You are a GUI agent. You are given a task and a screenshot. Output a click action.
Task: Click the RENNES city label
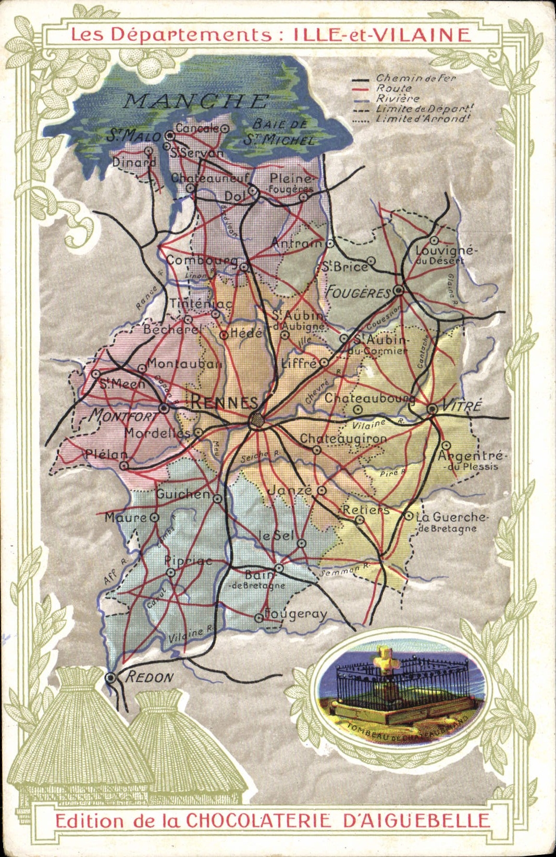[x=224, y=402]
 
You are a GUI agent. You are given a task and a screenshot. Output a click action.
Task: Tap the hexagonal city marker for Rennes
[x=256, y=419]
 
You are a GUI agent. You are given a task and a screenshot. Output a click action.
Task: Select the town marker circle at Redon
[x=110, y=678]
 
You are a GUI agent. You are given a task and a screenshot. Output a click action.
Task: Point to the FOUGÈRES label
[x=358, y=293]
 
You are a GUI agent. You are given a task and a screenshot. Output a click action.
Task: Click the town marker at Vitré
[x=432, y=409]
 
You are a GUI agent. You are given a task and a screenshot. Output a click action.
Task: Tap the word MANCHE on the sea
[x=196, y=101]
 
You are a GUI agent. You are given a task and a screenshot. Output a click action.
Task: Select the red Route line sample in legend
[x=361, y=90]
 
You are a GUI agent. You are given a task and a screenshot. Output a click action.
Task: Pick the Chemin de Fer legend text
[x=416, y=78]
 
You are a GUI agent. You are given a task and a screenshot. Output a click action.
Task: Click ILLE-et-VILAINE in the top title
[x=382, y=34]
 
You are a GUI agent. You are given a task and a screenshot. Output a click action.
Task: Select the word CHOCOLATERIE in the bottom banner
[x=258, y=821]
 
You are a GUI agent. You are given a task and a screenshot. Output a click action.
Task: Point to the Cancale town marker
[x=225, y=128]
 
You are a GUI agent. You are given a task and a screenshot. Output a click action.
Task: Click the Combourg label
[x=202, y=260]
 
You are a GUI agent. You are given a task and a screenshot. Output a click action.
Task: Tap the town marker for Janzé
[x=322, y=490]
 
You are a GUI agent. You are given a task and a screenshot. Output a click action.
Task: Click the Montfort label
[x=123, y=415]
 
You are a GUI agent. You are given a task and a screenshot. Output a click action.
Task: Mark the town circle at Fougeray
[x=258, y=618]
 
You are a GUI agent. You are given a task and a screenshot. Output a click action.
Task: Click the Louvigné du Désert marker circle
[x=434, y=240]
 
